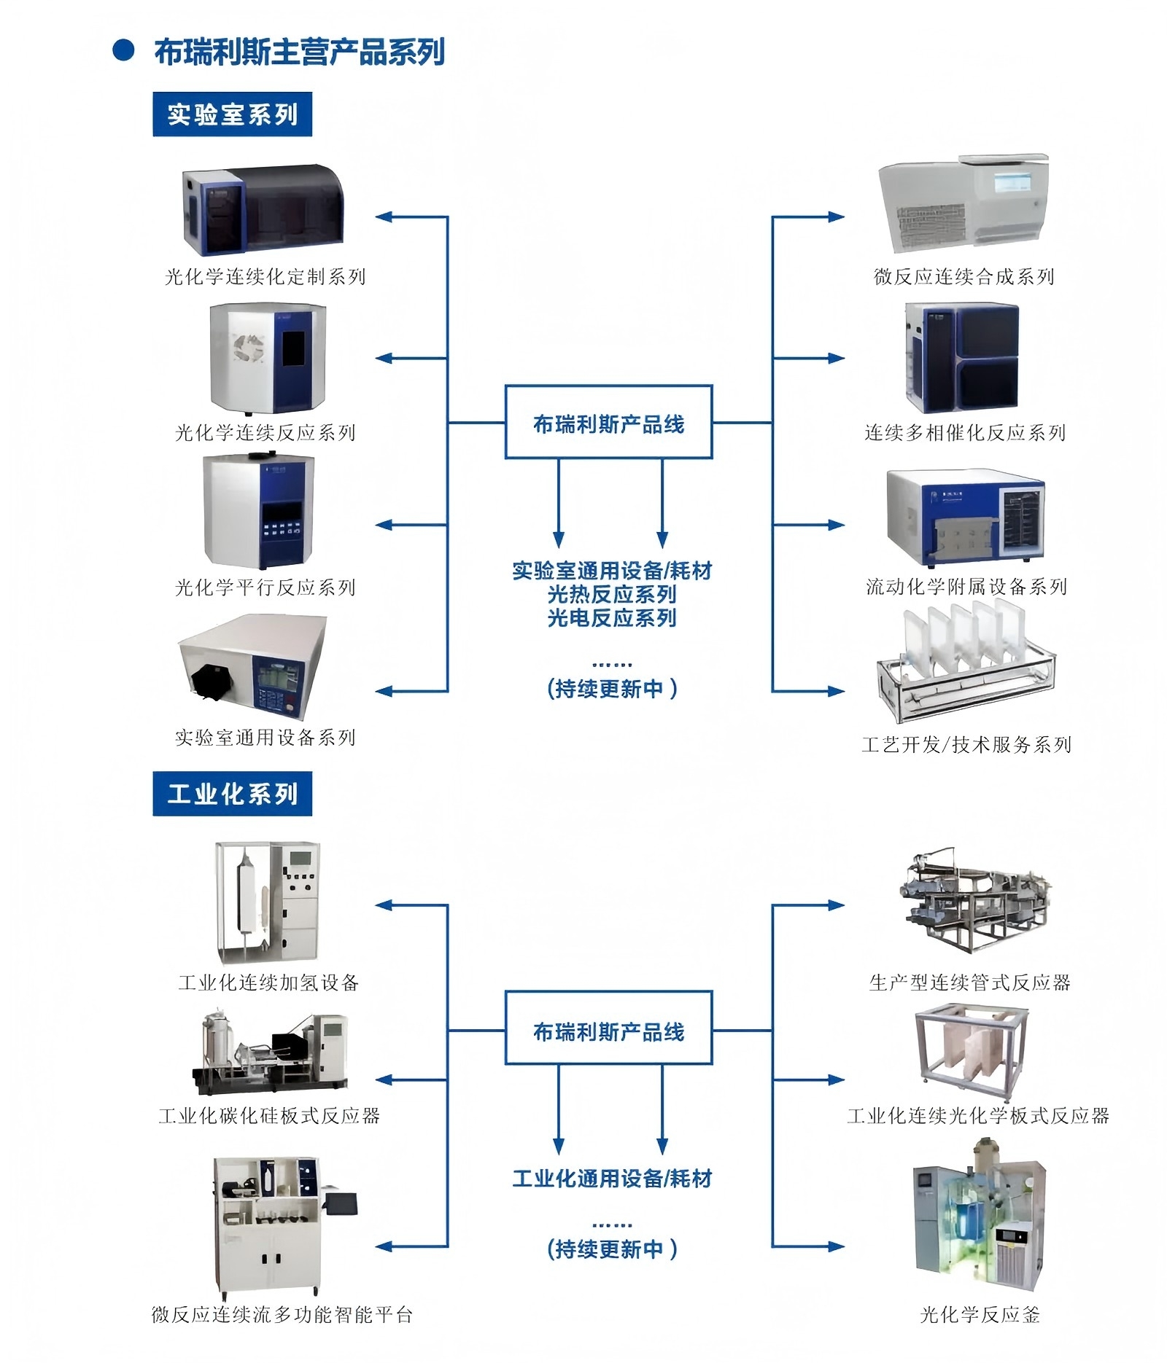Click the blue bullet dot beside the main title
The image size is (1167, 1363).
[x=123, y=50]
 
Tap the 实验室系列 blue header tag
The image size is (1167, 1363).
[x=232, y=114]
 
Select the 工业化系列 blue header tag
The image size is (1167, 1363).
[x=232, y=793]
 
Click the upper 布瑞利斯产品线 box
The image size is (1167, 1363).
[x=608, y=422]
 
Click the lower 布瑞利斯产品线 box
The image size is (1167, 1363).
[x=608, y=1028]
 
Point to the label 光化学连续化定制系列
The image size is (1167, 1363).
[x=265, y=277]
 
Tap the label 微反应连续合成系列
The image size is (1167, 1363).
[x=964, y=277]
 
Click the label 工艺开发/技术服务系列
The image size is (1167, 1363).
[x=966, y=744]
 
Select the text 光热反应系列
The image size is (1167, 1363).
[x=612, y=594]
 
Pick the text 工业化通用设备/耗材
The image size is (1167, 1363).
[x=612, y=1179]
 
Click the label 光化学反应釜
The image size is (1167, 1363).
[x=980, y=1315]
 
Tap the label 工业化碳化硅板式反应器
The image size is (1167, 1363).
[x=269, y=1115]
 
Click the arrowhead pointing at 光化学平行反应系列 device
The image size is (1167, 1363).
[x=384, y=525]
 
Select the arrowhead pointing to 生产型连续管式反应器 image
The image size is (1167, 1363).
[x=836, y=905]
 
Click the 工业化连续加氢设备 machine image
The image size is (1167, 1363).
[x=268, y=903]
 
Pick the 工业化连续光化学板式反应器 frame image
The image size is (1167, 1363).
[x=972, y=1052]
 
